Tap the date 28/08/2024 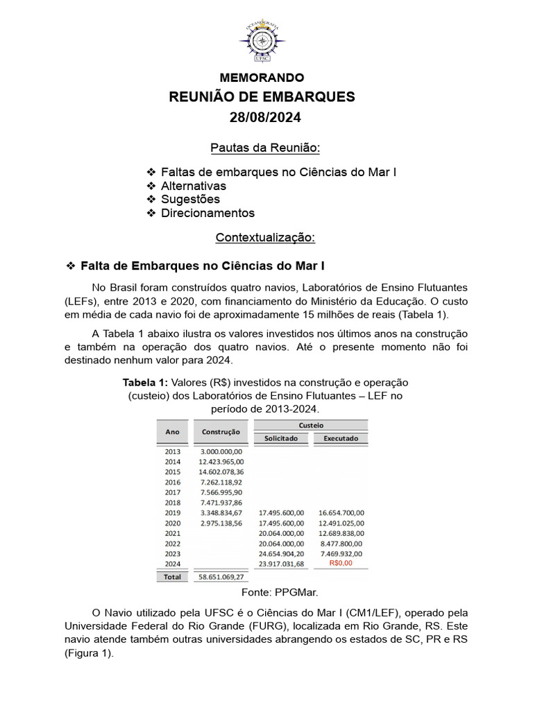pos(266,117)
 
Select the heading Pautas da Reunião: pos(266,148)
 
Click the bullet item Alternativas pos(193,186)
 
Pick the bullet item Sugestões pos(190,200)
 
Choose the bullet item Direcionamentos pos(208,214)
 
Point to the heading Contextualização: pos(266,238)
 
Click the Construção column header pos(221,432)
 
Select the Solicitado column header pos(280,438)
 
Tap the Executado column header pos(340,438)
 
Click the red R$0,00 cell pos(341,564)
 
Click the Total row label pos(172,576)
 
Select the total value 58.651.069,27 pos(221,576)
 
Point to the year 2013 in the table pos(172,451)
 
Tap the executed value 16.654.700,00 pos(341,512)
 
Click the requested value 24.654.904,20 pos(280,553)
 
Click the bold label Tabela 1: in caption pos(145,382)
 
